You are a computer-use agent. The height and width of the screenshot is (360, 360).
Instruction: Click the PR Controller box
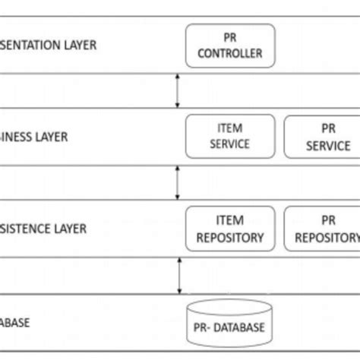click(229, 45)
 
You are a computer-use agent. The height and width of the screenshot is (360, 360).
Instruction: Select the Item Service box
click(229, 137)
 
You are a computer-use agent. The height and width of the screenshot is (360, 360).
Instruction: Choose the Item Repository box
click(229, 229)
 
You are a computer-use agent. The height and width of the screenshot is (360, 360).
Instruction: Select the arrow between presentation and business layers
click(177, 90)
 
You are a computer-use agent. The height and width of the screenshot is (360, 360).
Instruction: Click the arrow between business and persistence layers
click(177, 182)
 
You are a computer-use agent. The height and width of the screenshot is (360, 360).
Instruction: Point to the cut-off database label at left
click(15, 322)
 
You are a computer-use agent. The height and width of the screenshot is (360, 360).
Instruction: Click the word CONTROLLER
click(229, 53)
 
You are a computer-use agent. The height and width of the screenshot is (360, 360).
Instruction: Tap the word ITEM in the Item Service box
click(229, 128)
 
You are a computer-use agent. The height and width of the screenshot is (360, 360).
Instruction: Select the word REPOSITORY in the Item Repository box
click(229, 237)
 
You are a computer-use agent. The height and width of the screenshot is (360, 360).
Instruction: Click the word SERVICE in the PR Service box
click(328, 145)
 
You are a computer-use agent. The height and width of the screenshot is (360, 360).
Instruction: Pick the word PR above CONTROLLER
click(229, 36)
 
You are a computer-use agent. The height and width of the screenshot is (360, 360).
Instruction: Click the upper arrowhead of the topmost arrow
click(177, 77)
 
